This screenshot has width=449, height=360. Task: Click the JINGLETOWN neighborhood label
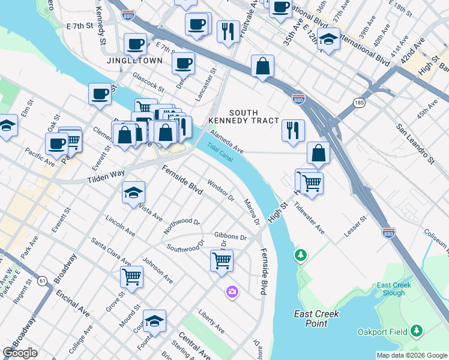coord(133,61)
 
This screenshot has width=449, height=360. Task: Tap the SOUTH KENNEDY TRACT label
coord(243,116)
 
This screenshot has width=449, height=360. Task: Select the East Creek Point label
coord(316,318)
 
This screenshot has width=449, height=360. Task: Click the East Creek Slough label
coord(394,289)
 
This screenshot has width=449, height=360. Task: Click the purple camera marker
coord(232,292)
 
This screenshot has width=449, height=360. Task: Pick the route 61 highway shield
coord(42,280)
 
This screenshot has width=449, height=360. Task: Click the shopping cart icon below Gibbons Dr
coord(221,261)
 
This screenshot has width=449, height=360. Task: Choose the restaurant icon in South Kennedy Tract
coord(293,130)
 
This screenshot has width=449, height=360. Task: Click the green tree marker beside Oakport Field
coord(416,331)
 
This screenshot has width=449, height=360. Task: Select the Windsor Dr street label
coord(220,190)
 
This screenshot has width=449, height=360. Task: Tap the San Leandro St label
coord(414,145)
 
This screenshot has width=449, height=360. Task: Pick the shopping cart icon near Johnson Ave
coord(131,277)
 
